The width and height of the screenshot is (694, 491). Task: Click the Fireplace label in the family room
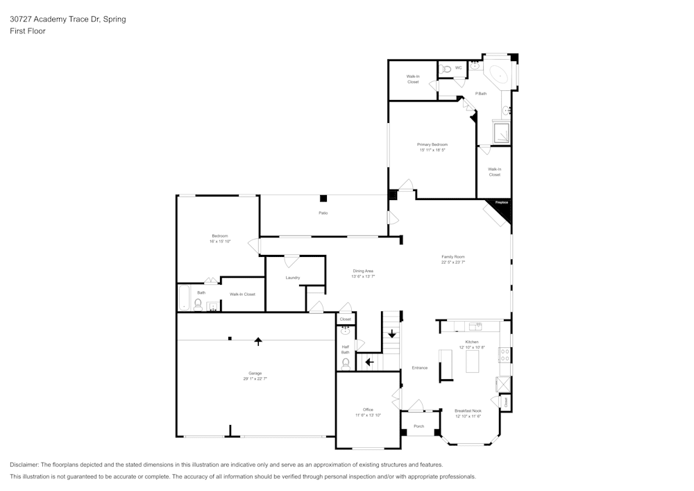click(501, 202)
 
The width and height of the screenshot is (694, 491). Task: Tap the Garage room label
click(255, 373)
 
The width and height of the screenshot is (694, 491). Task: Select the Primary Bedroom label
click(432, 144)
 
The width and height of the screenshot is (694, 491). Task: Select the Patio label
click(323, 213)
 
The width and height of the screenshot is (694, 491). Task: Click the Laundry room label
click(292, 278)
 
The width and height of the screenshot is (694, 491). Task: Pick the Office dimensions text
click(368, 415)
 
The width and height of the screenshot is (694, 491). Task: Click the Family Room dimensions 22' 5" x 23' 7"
click(452, 263)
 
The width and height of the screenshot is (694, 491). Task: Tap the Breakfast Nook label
click(468, 410)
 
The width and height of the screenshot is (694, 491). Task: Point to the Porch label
click(418, 426)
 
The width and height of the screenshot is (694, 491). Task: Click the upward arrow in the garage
click(258, 341)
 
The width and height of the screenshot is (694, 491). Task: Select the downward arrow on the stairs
click(391, 334)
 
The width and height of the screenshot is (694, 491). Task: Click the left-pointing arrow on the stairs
click(369, 361)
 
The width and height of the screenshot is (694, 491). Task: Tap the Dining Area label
click(363, 271)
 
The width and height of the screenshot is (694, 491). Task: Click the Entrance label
click(419, 367)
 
